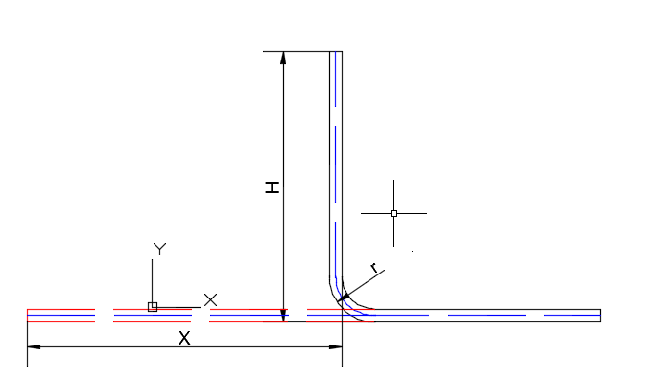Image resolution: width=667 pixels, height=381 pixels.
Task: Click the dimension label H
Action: click(273, 187)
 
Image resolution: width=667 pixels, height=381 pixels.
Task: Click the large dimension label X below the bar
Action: click(184, 339)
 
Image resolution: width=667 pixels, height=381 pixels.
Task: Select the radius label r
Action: click(374, 268)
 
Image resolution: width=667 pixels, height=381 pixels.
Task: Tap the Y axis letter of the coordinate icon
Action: click(159, 249)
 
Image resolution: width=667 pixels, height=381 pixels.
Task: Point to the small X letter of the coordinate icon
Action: click(210, 299)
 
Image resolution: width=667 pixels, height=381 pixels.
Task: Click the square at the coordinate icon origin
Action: click(153, 307)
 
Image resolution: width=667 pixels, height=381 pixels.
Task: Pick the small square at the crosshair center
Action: click(393, 213)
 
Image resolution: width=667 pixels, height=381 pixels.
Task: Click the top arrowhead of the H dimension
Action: click(283, 58)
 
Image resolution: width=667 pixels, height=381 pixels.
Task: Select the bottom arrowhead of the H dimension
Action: click(283, 316)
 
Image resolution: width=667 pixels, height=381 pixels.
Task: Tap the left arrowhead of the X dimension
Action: click(34, 347)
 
